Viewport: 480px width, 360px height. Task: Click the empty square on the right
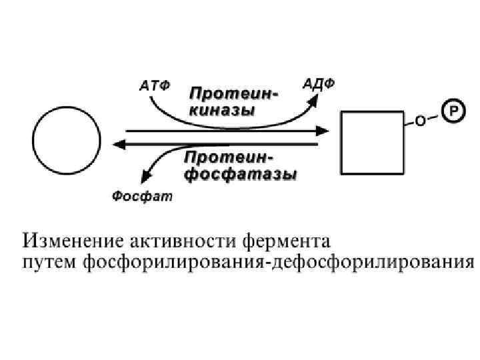pos(372,141)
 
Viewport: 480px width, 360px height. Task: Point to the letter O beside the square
pos(420,121)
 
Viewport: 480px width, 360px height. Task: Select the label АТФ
pos(155,86)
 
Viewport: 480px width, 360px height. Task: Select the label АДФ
pos(319,84)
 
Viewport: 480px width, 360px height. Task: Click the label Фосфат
pos(141,196)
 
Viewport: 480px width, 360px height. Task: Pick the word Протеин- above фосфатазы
pos(228,159)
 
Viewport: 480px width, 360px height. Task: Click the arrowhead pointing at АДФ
pos(314,101)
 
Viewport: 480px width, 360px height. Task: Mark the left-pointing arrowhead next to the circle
pos(118,143)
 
